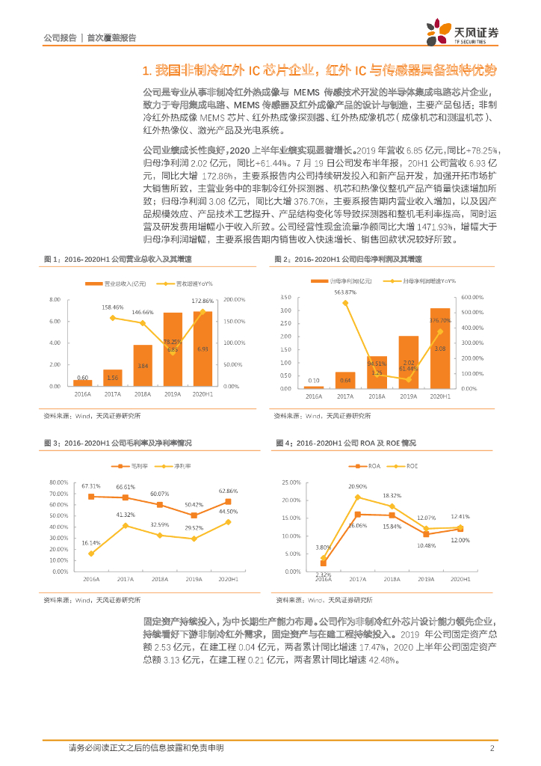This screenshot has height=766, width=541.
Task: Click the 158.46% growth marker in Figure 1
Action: tap(113, 317)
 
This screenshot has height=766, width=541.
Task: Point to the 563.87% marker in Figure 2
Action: tap(345, 302)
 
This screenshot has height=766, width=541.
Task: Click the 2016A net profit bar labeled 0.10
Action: tap(313, 387)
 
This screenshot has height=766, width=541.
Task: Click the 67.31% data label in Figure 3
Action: tap(91, 486)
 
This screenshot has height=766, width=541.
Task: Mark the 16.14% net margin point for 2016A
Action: tap(91, 554)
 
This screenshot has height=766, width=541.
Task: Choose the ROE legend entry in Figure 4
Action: tap(407, 466)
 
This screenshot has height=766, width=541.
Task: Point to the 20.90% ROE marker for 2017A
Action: tap(357, 497)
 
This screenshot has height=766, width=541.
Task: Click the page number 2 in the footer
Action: tap(492, 748)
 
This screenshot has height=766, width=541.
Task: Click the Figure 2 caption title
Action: tap(347, 258)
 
